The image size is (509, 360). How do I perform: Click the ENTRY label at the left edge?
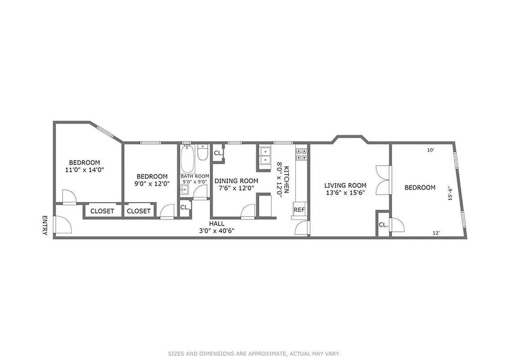[x=45, y=225]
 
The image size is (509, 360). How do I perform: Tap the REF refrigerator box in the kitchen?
[x=299, y=210]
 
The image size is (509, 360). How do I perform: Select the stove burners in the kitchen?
[x=301, y=154]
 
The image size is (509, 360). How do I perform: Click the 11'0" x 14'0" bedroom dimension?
[x=85, y=170]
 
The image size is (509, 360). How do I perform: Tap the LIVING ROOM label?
[x=346, y=185]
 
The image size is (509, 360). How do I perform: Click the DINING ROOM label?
[x=236, y=181]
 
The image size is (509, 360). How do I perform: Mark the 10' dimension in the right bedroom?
[x=431, y=150]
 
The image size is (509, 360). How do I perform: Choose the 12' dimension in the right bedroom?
[x=436, y=233]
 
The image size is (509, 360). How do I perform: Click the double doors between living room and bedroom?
[x=383, y=180]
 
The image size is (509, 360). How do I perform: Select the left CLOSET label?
[x=102, y=211]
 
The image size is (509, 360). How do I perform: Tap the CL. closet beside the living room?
[x=383, y=225]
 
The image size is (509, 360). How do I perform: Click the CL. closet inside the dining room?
[x=218, y=153]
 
